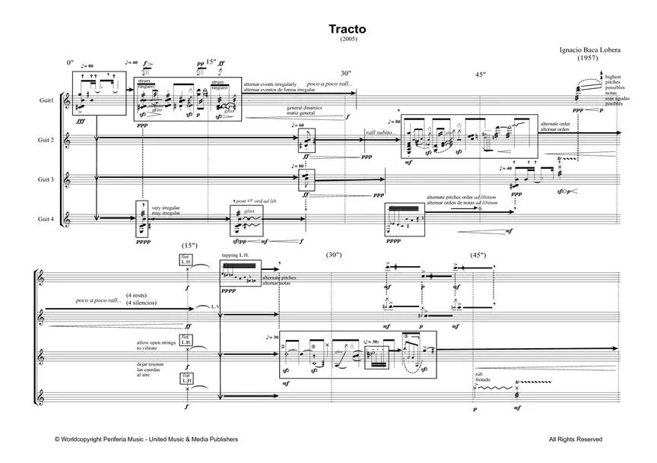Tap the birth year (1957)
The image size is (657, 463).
click(x=586, y=58)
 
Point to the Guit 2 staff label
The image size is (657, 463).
click(x=46, y=140)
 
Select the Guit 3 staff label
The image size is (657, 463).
click(x=46, y=179)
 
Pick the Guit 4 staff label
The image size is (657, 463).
click(x=46, y=219)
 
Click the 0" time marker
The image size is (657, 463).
click(x=71, y=62)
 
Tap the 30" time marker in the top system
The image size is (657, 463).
click(x=346, y=73)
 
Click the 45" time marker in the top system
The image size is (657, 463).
click(x=480, y=75)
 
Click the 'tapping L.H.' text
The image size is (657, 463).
click(x=235, y=255)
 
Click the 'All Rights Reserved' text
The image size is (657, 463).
click(x=575, y=439)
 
